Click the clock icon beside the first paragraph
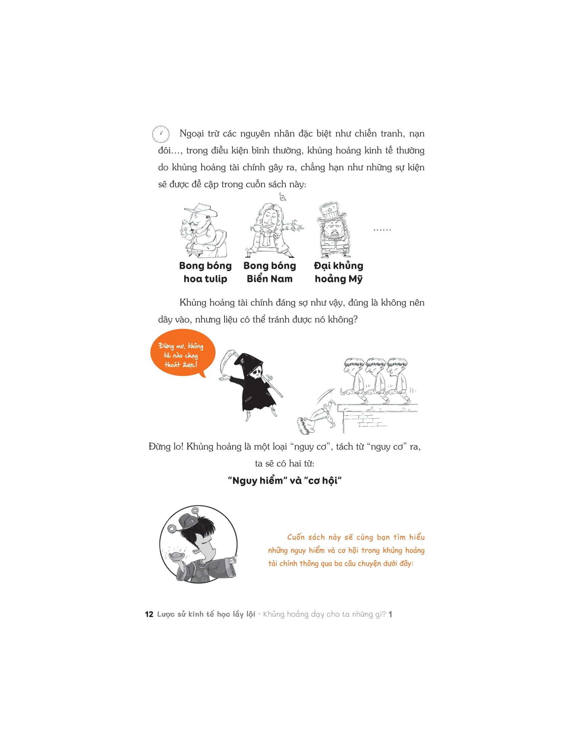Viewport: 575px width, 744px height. (160, 134)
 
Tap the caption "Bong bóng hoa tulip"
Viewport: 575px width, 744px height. (205, 272)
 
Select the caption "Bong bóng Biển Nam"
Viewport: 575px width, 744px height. (270, 272)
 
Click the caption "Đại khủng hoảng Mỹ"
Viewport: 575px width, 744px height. (338, 272)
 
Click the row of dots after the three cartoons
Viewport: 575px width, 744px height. (382, 230)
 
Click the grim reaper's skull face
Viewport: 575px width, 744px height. (255, 373)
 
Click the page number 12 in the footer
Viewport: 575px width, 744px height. (149, 614)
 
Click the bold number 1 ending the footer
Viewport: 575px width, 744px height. (390, 614)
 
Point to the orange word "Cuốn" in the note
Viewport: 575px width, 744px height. (296, 537)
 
